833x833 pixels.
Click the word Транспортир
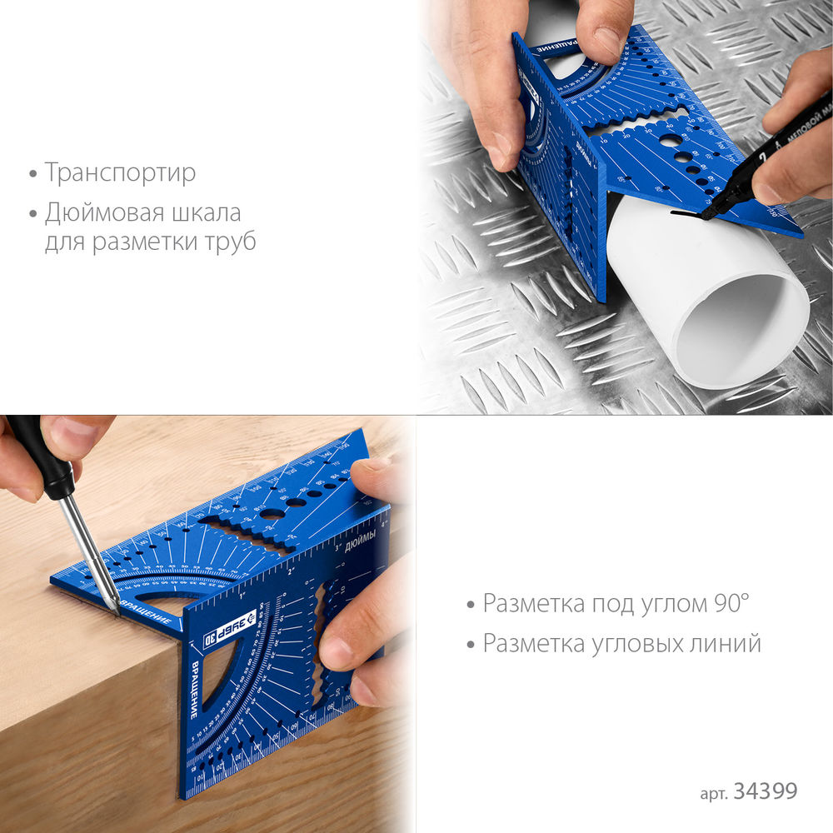(121, 173)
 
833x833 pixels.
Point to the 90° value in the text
(730, 604)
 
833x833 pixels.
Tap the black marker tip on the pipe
(705, 215)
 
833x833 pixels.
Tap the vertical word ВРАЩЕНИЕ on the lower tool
(192, 691)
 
